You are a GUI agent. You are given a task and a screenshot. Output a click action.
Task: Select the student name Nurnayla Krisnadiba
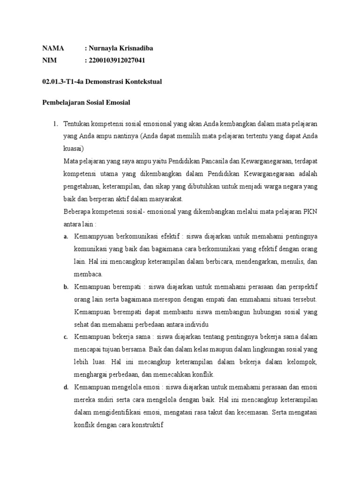pos(120,48)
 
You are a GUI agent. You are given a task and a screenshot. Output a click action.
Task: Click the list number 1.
pos(54,124)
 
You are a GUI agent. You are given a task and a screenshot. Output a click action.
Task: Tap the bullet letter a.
pos(66,237)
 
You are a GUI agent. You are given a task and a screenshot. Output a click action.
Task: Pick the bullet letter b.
pos(66,287)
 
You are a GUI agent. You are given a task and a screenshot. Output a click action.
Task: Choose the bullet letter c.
pos(66,337)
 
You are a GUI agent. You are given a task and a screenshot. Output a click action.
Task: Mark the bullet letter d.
pos(66,387)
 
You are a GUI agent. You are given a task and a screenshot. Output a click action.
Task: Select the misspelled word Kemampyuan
pos(95,237)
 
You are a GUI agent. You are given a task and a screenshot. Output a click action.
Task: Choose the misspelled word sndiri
pos(106,400)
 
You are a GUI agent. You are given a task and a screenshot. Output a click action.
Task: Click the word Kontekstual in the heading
pos(142,82)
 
